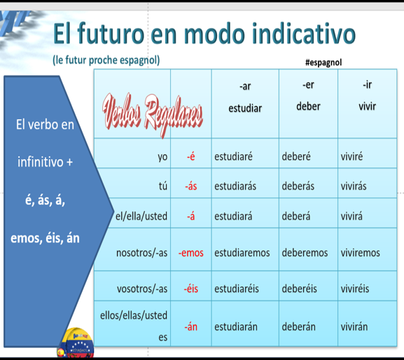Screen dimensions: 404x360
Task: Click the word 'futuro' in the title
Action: [111, 34]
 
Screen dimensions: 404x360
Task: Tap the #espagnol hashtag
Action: [323, 62]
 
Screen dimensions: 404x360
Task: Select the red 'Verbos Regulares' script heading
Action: [153, 115]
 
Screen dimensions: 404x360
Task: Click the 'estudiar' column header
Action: [245, 109]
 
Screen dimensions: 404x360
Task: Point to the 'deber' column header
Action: [308, 106]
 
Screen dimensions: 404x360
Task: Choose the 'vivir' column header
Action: [367, 106]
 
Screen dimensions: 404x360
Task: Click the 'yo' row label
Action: [162, 157]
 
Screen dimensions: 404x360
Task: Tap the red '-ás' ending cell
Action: [191, 186]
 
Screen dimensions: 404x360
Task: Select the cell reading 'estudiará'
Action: [233, 216]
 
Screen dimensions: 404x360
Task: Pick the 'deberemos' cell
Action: [305, 253]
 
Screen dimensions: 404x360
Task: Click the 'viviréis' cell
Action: [355, 289]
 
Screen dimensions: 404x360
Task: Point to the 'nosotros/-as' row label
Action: [141, 253]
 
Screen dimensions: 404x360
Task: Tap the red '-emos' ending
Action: [191, 253]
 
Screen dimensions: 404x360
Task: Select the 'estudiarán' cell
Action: [236, 327]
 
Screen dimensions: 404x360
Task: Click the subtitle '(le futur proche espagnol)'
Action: [106, 60]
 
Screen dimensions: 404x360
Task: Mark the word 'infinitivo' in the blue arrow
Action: [41, 162]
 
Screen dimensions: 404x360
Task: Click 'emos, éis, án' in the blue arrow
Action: [45, 238]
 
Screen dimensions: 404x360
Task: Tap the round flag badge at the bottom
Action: [76, 343]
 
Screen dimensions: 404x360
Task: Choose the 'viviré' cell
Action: [351, 157]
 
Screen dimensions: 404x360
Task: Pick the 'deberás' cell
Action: [298, 186]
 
